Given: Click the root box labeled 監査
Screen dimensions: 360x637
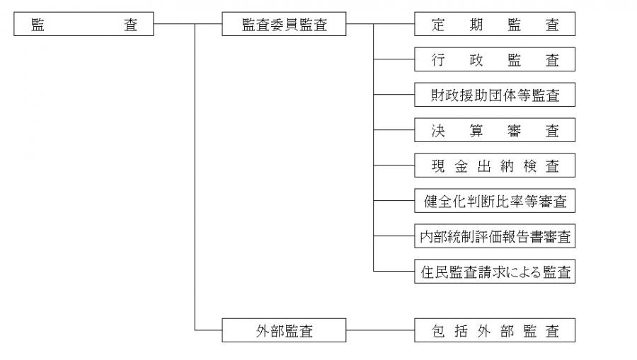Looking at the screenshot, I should coord(84,25).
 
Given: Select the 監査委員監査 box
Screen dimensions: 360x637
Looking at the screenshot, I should coord(284,25).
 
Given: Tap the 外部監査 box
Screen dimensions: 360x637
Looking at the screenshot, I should coord(284,330).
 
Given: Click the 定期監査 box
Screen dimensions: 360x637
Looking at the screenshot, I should coord(495,25).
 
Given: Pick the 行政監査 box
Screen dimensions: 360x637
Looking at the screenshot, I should coord(495,60).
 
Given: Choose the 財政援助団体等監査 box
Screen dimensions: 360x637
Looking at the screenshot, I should coord(495,95).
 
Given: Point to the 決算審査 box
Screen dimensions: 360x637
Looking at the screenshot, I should coord(495,130).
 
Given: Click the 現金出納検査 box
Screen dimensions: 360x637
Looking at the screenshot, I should coord(495,166).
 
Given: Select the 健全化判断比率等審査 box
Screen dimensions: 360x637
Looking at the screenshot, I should coord(495,201).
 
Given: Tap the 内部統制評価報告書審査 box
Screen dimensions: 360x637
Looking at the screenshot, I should coord(495,236).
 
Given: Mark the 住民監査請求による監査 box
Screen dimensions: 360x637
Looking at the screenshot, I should coord(495,271).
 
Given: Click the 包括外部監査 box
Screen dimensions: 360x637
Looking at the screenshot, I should coord(495,330).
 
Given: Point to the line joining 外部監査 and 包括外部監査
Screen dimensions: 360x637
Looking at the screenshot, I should coord(380,330).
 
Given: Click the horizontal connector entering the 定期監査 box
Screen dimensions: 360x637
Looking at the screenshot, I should coord(394,25).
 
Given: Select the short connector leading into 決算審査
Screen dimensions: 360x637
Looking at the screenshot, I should coord(394,130).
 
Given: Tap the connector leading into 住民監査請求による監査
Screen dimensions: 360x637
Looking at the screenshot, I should coord(394,271).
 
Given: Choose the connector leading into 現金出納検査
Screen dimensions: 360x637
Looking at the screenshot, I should coord(394,166).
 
